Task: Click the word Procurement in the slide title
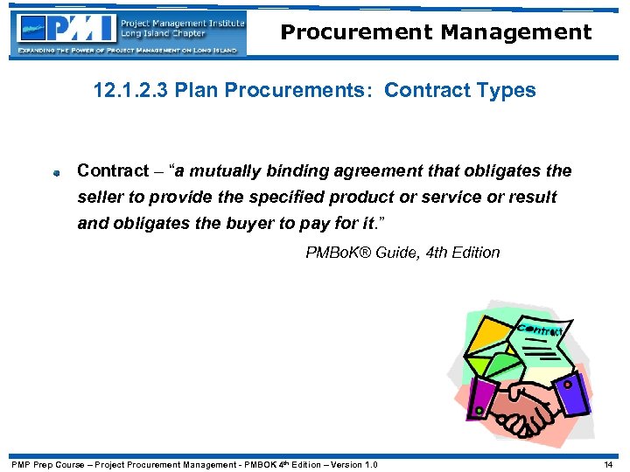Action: [x=355, y=33]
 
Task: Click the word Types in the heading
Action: [x=505, y=91]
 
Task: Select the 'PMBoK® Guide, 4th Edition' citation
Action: [x=402, y=253]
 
